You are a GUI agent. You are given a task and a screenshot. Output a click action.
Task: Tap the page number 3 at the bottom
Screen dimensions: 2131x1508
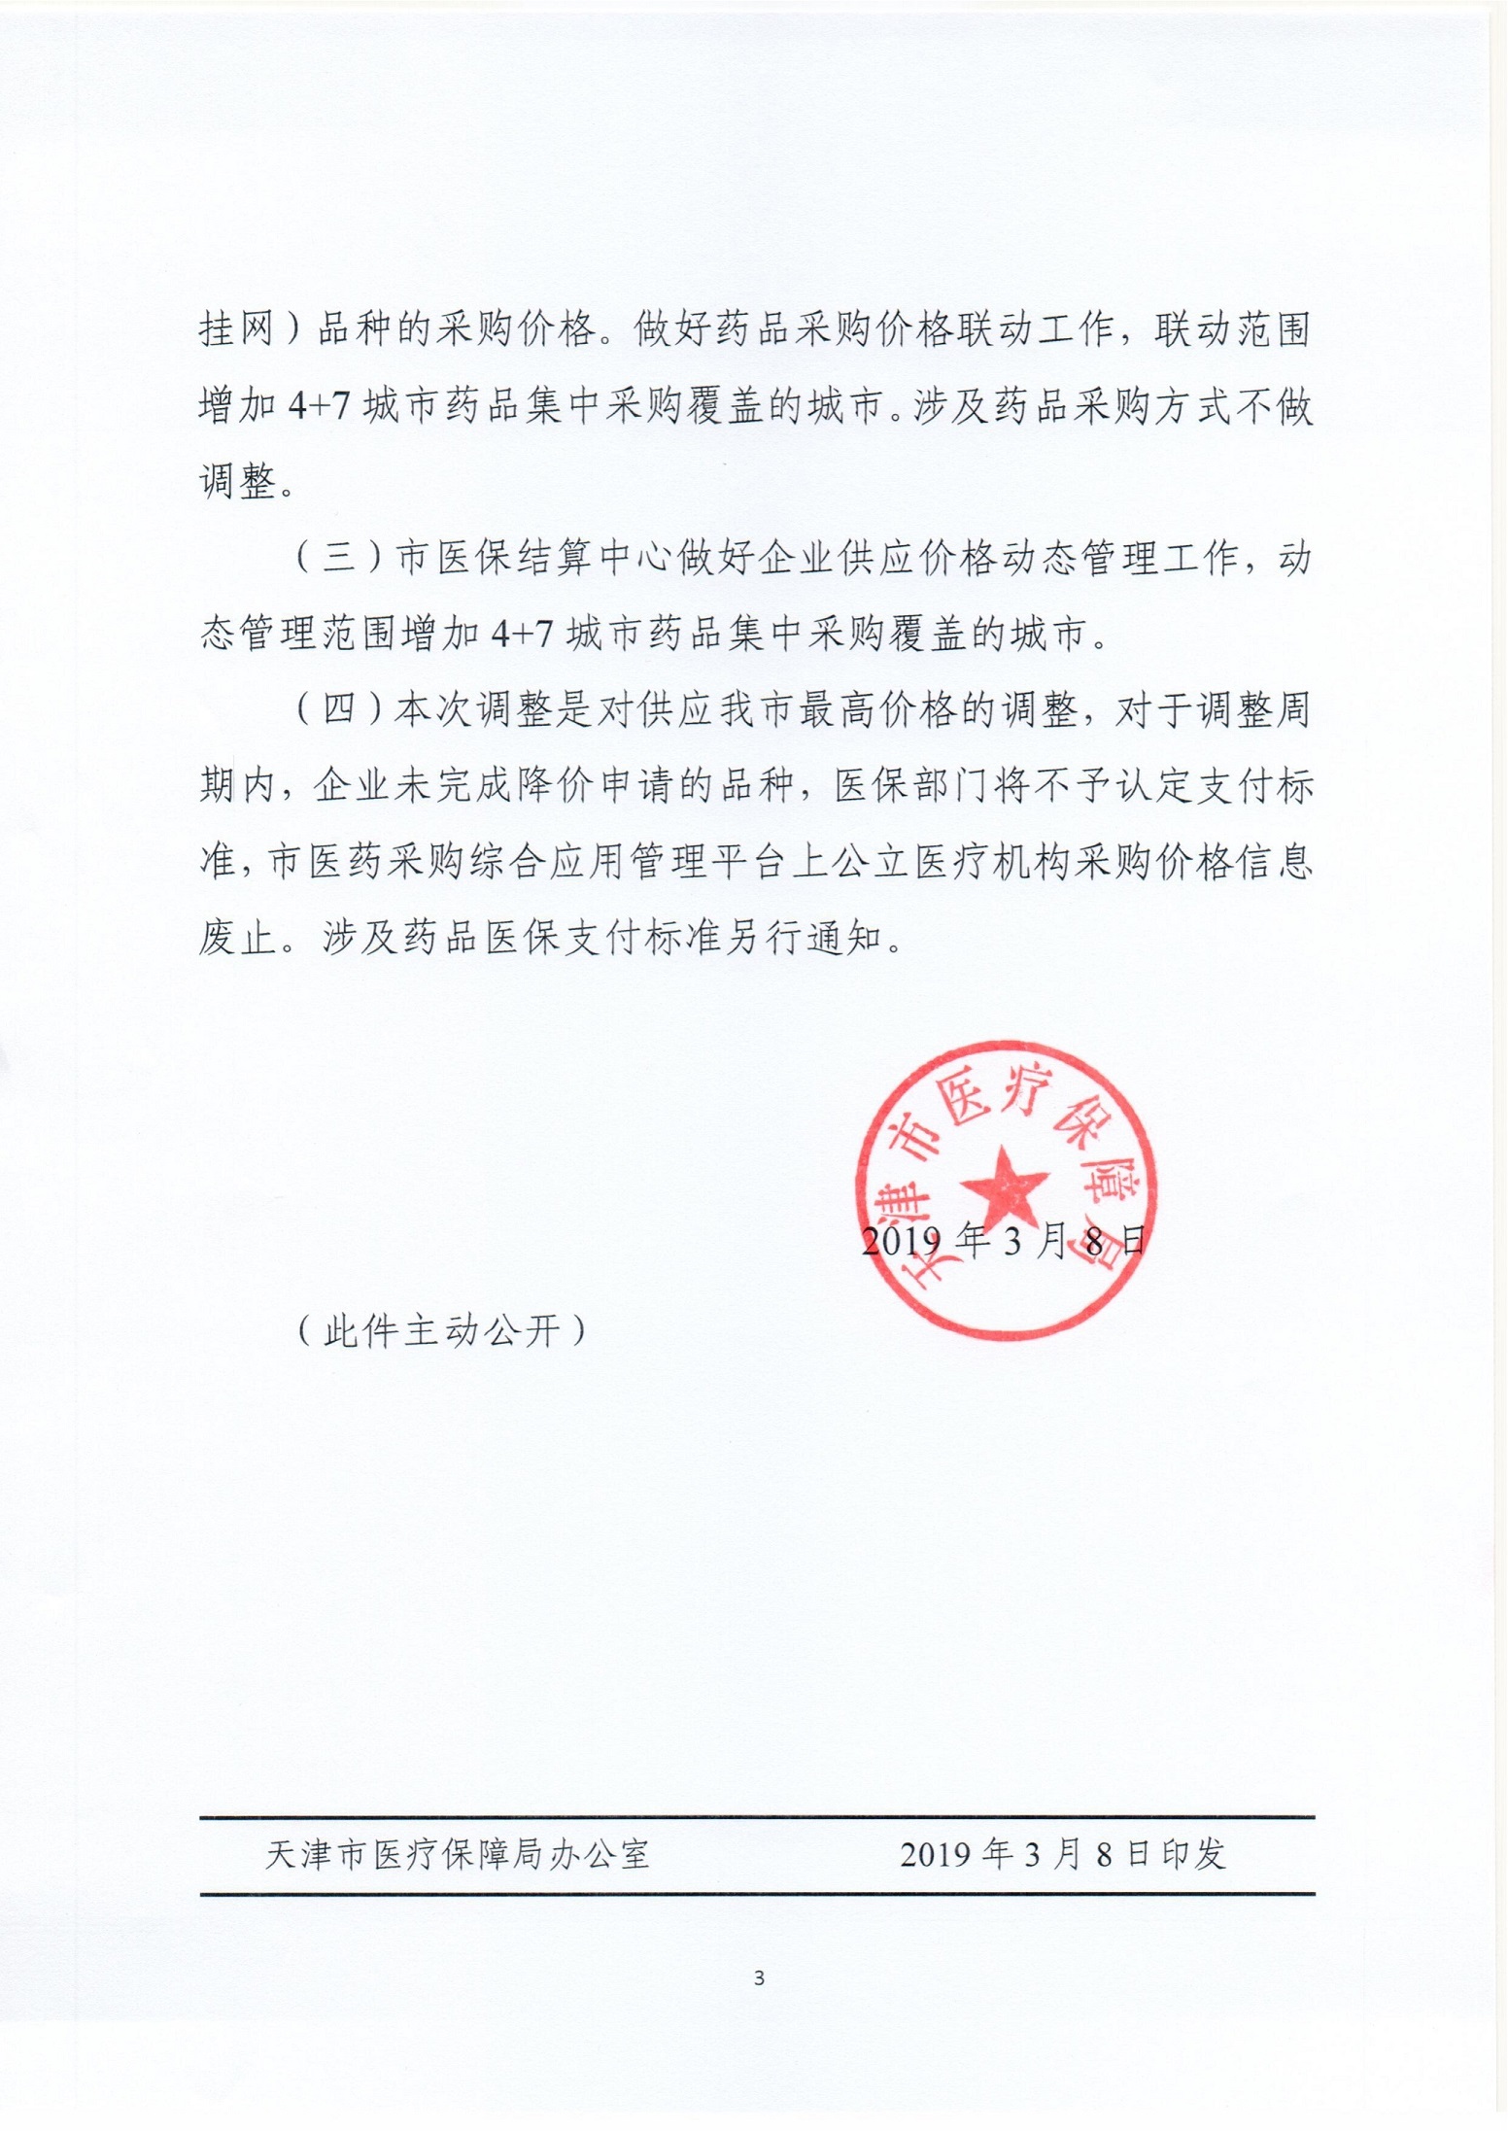pos(759,1977)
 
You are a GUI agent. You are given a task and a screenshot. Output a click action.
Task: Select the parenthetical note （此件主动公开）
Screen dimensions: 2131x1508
pos(442,1330)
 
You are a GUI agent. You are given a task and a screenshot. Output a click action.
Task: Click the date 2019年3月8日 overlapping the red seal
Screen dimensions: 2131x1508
pos(1004,1243)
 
